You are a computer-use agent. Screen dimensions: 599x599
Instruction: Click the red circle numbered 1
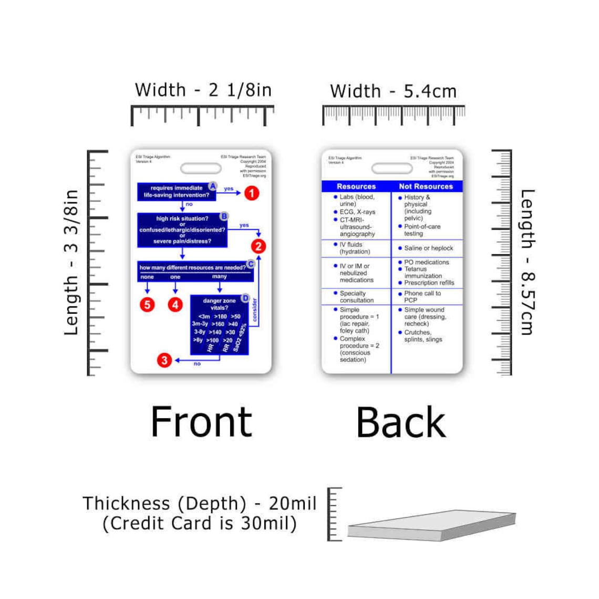click(x=252, y=193)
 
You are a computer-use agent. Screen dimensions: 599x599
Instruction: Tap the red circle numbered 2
click(x=258, y=246)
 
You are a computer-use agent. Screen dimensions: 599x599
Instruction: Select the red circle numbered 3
click(x=164, y=360)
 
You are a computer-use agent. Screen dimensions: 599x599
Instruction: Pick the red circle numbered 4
click(x=175, y=304)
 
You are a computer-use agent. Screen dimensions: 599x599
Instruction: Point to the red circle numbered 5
click(x=147, y=304)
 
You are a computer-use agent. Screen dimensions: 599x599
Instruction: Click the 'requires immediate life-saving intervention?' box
click(x=176, y=192)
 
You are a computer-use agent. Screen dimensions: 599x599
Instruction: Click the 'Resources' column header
click(x=356, y=187)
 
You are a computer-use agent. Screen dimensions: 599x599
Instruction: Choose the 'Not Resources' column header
click(x=426, y=187)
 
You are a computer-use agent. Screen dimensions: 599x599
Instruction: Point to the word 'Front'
click(x=201, y=422)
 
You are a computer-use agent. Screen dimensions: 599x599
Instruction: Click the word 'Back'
click(x=401, y=422)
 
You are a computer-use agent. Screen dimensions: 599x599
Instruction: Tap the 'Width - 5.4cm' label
click(x=393, y=91)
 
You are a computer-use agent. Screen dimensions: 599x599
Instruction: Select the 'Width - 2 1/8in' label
click(x=203, y=90)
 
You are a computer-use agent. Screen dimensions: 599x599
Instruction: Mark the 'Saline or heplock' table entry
click(x=428, y=248)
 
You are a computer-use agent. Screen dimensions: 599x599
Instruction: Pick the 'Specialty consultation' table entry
click(x=356, y=297)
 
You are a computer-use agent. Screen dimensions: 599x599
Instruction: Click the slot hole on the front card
click(x=201, y=169)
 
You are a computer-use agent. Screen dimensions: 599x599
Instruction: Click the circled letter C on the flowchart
click(x=251, y=264)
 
